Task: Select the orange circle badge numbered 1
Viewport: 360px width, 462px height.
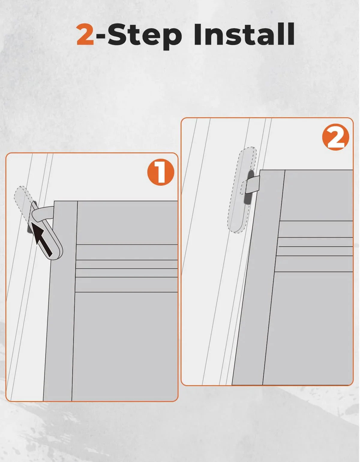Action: (161, 172)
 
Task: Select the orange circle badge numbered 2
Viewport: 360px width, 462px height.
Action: (336, 137)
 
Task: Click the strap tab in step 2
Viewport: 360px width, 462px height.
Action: (251, 185)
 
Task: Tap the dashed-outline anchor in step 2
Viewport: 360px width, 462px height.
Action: (242, 190)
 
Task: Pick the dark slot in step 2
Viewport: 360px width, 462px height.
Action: (249, 187)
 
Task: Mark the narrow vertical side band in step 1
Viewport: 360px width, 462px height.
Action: (61, 301)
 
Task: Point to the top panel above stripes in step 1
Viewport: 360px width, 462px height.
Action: (127, 223)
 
